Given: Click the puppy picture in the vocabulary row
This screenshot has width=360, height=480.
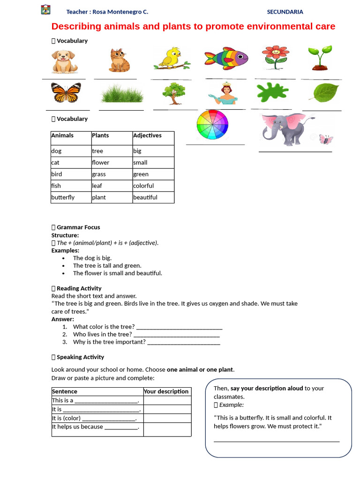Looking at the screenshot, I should [x=65, y=61].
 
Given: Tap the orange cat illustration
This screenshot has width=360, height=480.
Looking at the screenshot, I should [x=117, y=60].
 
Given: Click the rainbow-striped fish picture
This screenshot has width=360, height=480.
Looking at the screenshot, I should [x=226, y=59].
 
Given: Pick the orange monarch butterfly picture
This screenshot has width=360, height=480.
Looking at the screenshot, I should [x=66, y=93].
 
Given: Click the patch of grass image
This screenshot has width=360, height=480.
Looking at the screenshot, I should [x=121, y=93].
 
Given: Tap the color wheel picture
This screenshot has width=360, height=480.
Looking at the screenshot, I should [x=212, y=125].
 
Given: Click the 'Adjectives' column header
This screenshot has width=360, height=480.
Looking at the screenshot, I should [x=147, y=135].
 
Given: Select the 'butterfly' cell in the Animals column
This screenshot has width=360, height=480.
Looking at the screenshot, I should [x=63, y=197].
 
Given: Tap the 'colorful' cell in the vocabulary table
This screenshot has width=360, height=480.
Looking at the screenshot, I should [x=143, y=186].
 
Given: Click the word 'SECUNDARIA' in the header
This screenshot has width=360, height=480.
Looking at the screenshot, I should [x=285, y=12].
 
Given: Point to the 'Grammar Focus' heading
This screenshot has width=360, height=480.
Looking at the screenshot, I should [x=78, y=227].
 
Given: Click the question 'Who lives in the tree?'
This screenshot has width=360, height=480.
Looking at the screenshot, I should [x=102, y=334].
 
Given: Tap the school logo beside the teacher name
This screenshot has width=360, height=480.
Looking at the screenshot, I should [x=45, y=10].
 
